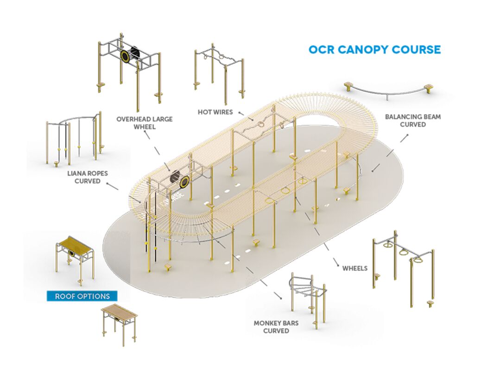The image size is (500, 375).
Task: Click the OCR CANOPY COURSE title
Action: pyautogui.click(x=374, y=50)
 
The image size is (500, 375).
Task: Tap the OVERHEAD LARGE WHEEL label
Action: pyautogui.click(x=144, y=122)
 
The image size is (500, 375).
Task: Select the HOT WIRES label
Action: pyautogui.click(x=215, y=112)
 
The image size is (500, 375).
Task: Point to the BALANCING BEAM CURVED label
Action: pyautogui.click(x=413, y=121)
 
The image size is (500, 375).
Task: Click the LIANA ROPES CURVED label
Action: pyautogui.click(x=88, y=177)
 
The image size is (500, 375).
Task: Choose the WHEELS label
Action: pyautogui.click(x=355, y=268)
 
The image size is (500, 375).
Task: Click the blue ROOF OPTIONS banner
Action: pyautogui.click(x=82, y=296)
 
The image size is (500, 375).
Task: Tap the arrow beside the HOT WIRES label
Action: pyautogui.click(x=241, y=113)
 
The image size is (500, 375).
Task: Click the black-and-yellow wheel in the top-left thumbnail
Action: pyautogui.click(x=126, y=56)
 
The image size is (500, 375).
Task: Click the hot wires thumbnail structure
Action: pyautogui.click(x=218, y=70)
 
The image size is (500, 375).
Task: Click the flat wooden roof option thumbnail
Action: pyautogui.click(x=120, y=322)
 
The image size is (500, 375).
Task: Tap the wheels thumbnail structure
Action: pyautogui.click(x=403, y=269)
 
